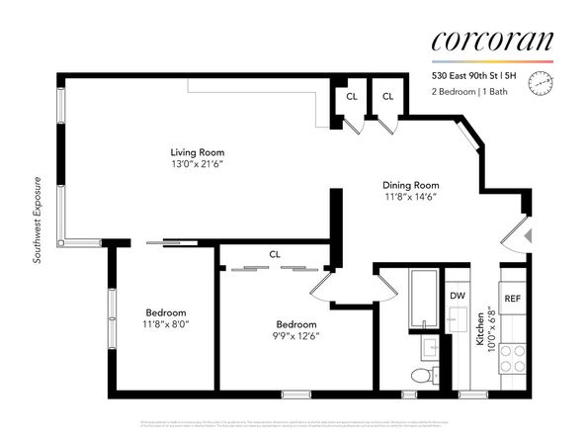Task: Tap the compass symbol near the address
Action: pos(539,83)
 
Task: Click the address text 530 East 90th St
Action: pos(470,75)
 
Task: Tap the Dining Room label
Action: pos(410,185)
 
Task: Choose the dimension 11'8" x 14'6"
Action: pos(410,198)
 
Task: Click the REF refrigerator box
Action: pos(513,298)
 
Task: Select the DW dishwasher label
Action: pos(458,296)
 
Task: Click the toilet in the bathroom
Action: pos(420,375)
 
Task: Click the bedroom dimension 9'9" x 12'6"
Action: pos(296,336)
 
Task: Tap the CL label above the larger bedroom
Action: pos(274,255)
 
